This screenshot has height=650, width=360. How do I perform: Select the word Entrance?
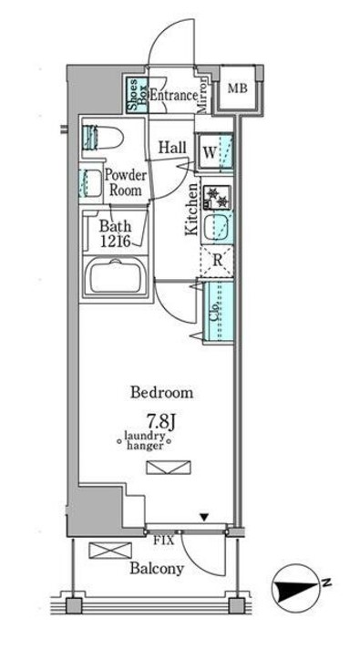tap(173, 96)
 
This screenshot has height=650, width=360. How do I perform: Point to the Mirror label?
tap(202, 96)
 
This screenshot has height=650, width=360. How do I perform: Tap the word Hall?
tap(172, 148)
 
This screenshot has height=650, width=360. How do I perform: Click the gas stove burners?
tap(217, 197)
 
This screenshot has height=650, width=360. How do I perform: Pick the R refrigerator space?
tap(217, 261)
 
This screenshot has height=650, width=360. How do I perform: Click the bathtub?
tap(115, 275)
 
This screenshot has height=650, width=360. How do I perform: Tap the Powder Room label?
tap(125, 183)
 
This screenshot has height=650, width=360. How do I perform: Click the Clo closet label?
tap(214, 312)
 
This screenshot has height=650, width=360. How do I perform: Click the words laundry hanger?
tap(144, 440)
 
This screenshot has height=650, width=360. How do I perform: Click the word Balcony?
tap(157, 569)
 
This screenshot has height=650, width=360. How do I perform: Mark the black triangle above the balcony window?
tap(204, 517)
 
